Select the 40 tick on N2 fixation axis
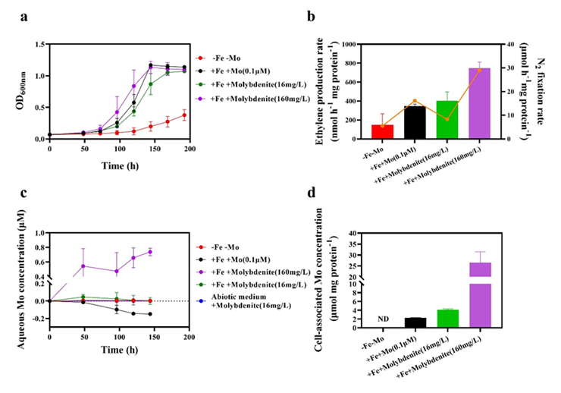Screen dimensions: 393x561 (512, 44)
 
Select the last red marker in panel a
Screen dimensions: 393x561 (183, 115)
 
